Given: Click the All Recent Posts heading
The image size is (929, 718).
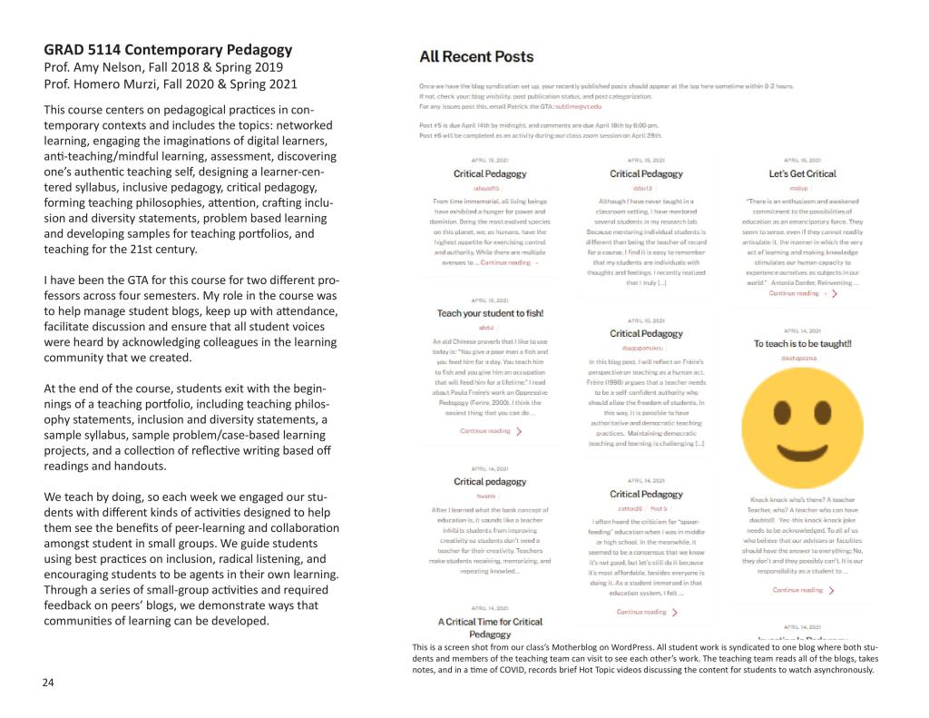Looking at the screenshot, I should pyautogui.click(x=476, y=57).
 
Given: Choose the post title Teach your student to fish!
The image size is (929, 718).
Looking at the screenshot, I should pyautogui.click(x=490, y=313).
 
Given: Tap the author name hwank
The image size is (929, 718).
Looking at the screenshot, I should pyautogui.click(x=486, y=496).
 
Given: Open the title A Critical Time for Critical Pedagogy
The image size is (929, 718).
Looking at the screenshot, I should pyautogui.click(x=490, y=627).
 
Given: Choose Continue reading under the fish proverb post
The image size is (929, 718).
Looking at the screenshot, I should pyautogui.click(x=491, y=431).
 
